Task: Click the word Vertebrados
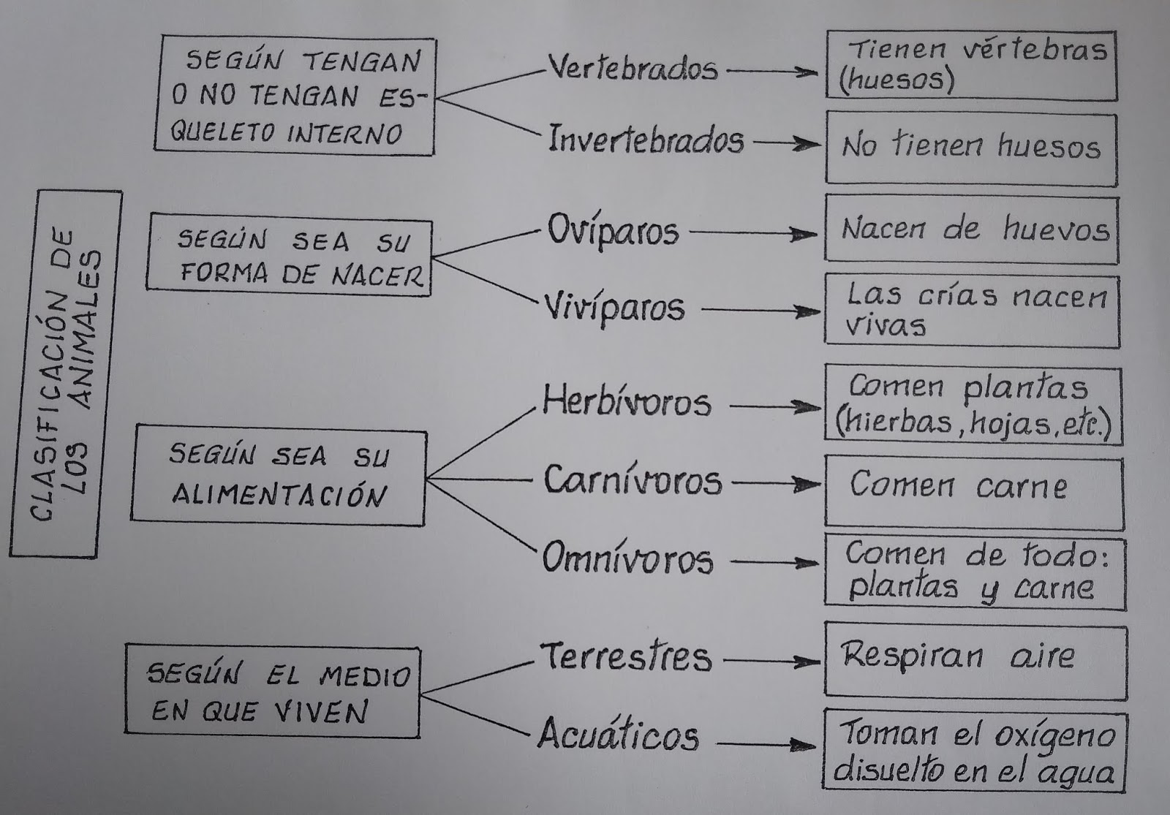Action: (x=633, y=69)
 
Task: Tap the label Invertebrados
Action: (x=646, y=140)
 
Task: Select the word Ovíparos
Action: (x=613, y=232)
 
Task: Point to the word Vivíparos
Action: (x=614, y=308)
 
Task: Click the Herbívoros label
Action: (x=626, y=403)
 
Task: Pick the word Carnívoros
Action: (x=632, y=481)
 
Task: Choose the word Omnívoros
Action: (x=627, y=560)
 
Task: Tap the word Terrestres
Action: (x=625, y=656)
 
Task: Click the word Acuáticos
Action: (x=618, y=735)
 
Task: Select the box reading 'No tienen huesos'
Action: (x=971, y=148)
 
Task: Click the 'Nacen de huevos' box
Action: (x=971, y=229)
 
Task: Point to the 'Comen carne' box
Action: (x=973, y=491)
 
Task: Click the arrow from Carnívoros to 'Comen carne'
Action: (x=776, y=483)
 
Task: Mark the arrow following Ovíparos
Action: (x=753, y=234)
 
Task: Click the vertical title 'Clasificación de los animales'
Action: (x=65, y=374)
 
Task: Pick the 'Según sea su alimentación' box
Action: (x=278, y=477)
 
